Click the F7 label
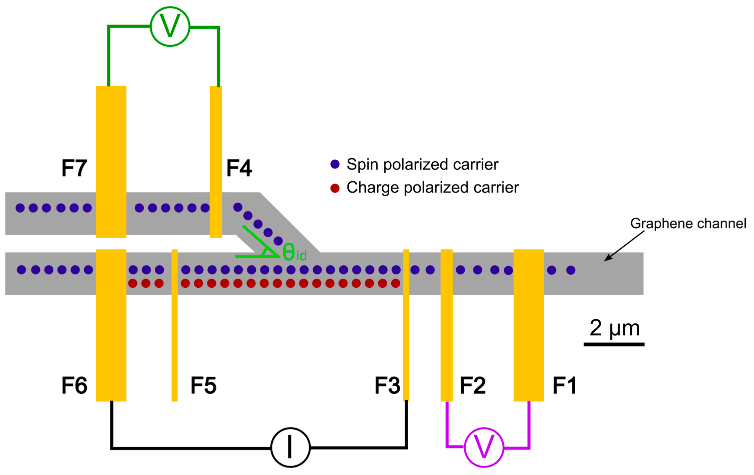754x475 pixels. tap(74, 168)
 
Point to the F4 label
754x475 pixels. tap(239, 168)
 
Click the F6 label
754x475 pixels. tap(74, 385)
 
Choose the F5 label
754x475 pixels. tap(204, 385)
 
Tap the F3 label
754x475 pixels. tap(387, 385)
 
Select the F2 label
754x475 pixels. tap(473, 385)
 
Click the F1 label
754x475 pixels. tap(564, 385)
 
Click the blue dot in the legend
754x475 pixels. tap(335, 164)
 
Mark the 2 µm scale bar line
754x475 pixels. tap(614, 344)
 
